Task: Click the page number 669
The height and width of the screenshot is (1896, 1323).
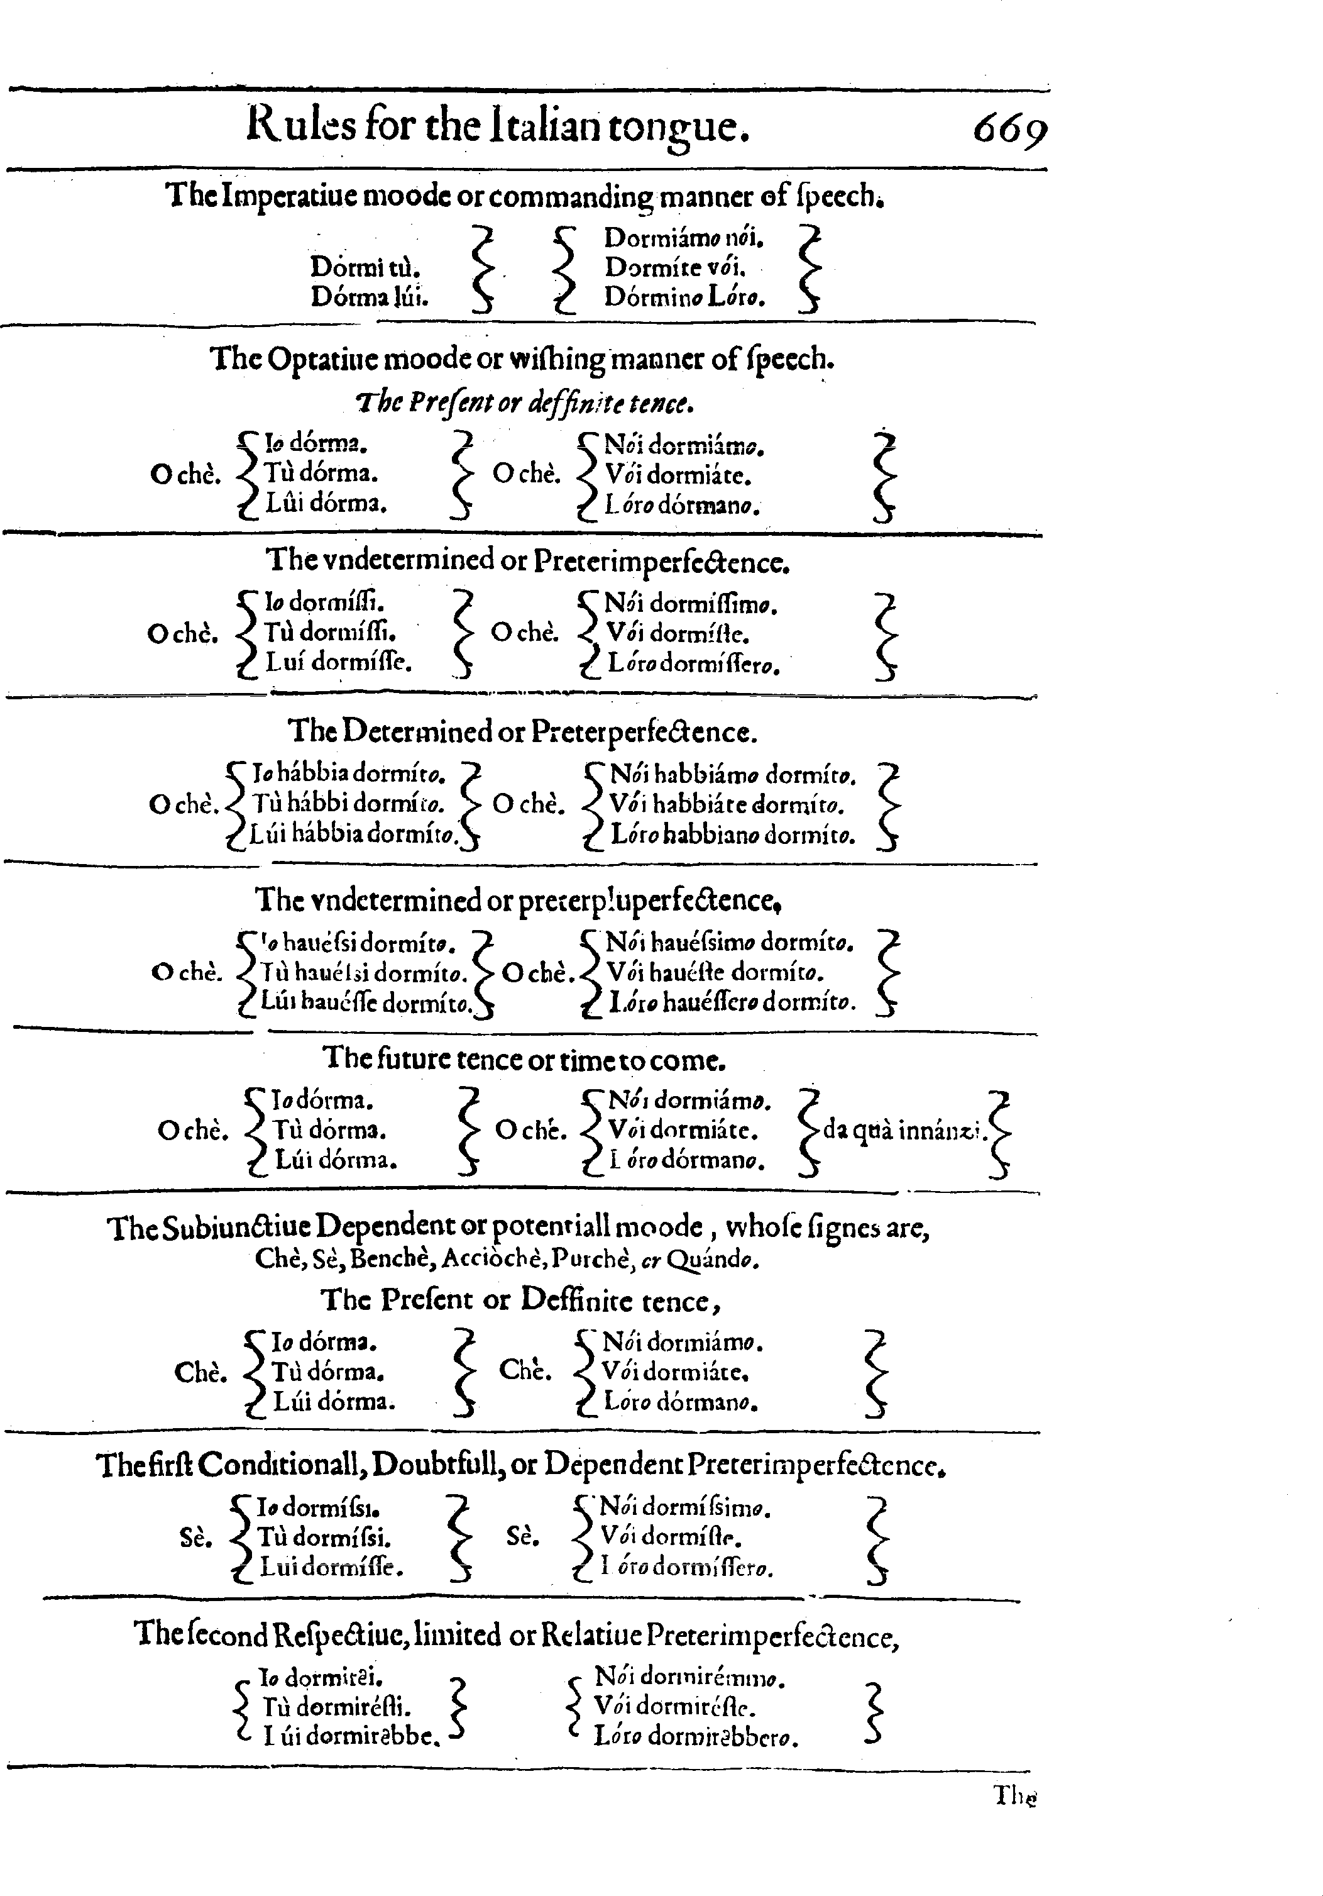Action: (1009, 129)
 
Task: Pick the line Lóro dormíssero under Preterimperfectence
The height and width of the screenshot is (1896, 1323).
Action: (693, 664)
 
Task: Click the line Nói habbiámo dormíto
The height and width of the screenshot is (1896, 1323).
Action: (732, 775)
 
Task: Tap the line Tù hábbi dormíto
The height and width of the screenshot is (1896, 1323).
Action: (348, 804)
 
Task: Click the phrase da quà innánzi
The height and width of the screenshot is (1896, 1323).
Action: (904, 1129)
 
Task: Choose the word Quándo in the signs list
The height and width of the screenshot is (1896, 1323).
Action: (711, 1260)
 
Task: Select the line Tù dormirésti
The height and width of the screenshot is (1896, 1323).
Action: (337, 1707)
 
